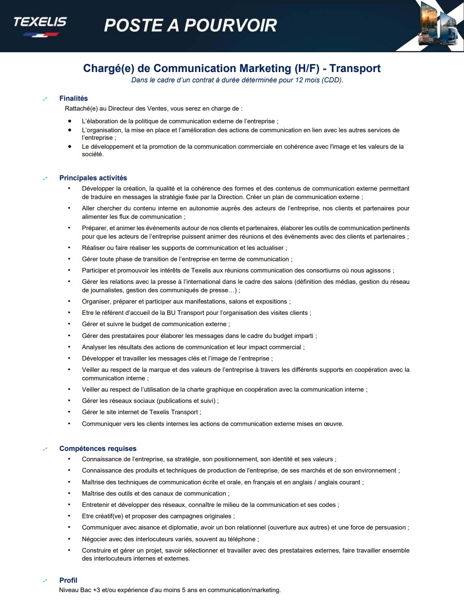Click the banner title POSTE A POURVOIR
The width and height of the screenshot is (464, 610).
190,25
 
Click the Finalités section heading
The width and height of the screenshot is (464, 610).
73,98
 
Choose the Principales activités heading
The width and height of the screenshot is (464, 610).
93,178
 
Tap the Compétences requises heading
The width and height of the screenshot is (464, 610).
98,449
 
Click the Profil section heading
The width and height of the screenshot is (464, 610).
68,580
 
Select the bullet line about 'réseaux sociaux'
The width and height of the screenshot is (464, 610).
150,401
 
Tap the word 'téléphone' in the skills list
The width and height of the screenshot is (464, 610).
242,539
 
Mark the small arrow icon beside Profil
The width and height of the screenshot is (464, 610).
45,581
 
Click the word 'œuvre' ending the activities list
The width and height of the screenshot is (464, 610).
333,424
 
